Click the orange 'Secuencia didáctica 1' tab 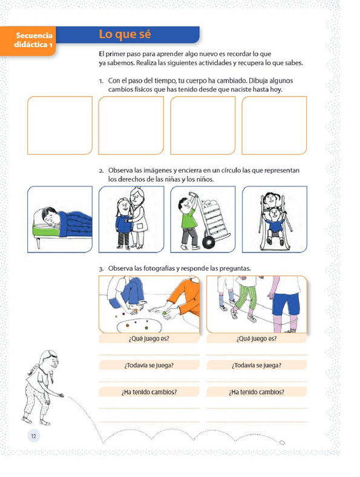click(x=28, y=41)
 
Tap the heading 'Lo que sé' click(x=125, y=34)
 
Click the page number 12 click(x=33, y=436)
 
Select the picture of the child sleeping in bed click(x=60, y=219)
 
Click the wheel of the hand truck click(x=209, y=243)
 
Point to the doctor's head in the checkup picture click(x=137, y=197)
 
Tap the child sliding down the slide click(x=275, y=223)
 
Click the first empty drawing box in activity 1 click(x=60, y=125)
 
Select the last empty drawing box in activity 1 click(x=274, y=125)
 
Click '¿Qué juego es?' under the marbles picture click(x=149, y=338)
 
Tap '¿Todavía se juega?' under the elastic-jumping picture click(x=257, y=365)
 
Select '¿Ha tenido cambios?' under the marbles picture click(x=149, y=392)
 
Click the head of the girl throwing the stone click(x=50, y=360)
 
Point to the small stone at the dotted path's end click(x=282, y=442)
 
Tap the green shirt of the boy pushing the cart click(x=189, y=216)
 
